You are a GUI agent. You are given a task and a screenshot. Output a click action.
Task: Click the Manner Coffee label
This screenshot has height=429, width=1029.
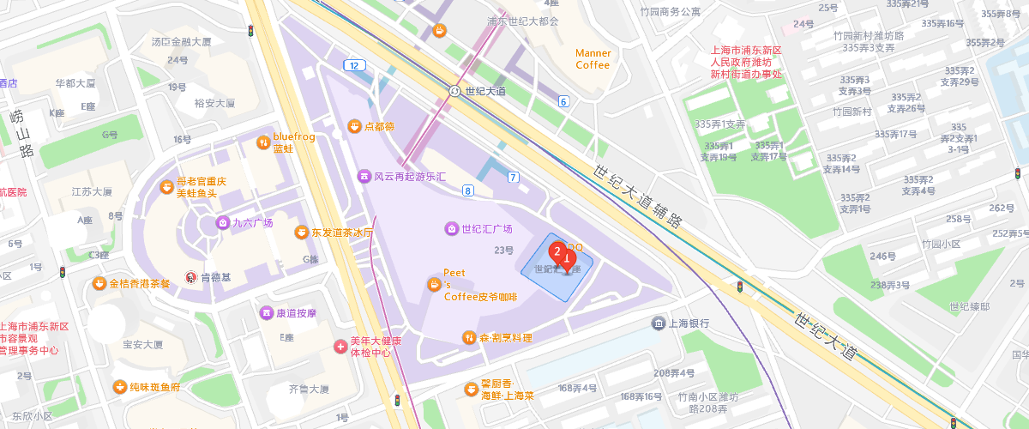pyautogui.click(x=593, y=58)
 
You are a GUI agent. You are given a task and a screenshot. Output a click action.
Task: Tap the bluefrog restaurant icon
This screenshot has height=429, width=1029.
pyautogui.click(x=263, y=142)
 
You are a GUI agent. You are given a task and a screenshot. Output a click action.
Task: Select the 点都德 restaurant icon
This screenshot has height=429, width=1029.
pyautogui.click(x=353, y=126)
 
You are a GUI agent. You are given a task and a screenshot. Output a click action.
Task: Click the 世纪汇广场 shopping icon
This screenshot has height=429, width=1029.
pyautogui.click(x=451, y=228)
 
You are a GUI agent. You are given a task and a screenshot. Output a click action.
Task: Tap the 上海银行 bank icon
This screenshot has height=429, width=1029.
pyautogui.click(x=658, y=323)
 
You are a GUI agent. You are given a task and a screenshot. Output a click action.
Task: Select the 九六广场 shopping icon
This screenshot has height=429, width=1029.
pyautogui.click(x=222, y=222)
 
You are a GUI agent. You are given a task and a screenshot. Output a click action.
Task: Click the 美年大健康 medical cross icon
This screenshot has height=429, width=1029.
pyautogui.click(x=340, y=347)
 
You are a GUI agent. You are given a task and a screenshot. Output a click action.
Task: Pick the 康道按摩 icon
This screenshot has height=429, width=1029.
pyautogui.click(x=267, y=312)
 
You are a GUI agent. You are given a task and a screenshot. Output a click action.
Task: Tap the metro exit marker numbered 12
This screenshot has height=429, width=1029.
pyautogui.click(x=353, y=65)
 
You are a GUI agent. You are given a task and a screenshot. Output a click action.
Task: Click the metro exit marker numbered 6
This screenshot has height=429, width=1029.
pyautogui.click(x=563, y=101)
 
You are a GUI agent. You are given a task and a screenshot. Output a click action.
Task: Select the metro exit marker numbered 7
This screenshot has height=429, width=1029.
pyautogui.click(x=514, y=178)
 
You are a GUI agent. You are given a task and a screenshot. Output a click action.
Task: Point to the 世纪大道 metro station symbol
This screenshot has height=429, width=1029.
pyautogui.click(x=454, y=91)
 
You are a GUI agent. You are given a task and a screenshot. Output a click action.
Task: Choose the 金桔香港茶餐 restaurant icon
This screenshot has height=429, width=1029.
pyautogui.click(x=100, y=283)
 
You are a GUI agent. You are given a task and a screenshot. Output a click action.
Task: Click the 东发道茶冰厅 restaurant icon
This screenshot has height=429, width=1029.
pyautogui.click(x=301, y=232)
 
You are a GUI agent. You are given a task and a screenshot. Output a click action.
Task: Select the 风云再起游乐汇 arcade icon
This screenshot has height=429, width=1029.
pyautogui.click(x=364, y=176)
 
